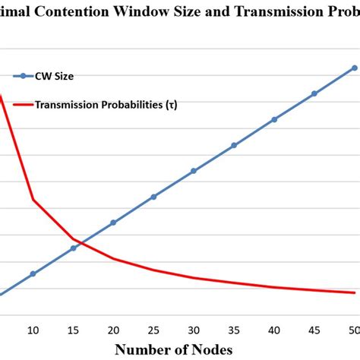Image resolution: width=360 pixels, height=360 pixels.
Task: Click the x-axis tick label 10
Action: (33, 329)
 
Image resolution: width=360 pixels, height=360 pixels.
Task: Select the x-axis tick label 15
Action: (73, 329)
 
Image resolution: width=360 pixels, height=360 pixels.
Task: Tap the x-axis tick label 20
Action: (113, 329)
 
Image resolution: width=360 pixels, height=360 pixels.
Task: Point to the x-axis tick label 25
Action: (153, 329)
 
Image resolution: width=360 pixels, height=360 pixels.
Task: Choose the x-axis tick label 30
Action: (194, 329)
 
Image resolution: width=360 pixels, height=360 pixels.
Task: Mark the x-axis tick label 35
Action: (234, 329)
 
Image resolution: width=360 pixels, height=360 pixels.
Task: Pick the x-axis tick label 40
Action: (274, 329)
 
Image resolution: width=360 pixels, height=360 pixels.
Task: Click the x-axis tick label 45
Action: (314, 329)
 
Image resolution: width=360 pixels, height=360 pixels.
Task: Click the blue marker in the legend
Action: (23, 76)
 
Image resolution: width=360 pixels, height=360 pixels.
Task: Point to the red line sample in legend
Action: (23, 106)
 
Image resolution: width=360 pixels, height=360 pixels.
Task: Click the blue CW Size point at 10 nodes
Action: (33, 273)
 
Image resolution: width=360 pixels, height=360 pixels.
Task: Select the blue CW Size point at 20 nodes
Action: (113, 223)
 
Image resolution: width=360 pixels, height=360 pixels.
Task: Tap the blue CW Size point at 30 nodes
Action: (194, 171)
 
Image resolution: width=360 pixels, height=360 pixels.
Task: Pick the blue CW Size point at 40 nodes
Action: (274, 119)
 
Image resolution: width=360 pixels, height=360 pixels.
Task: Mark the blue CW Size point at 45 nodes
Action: (314, 94)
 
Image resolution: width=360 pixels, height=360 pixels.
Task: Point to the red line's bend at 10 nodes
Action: (33, 200)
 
